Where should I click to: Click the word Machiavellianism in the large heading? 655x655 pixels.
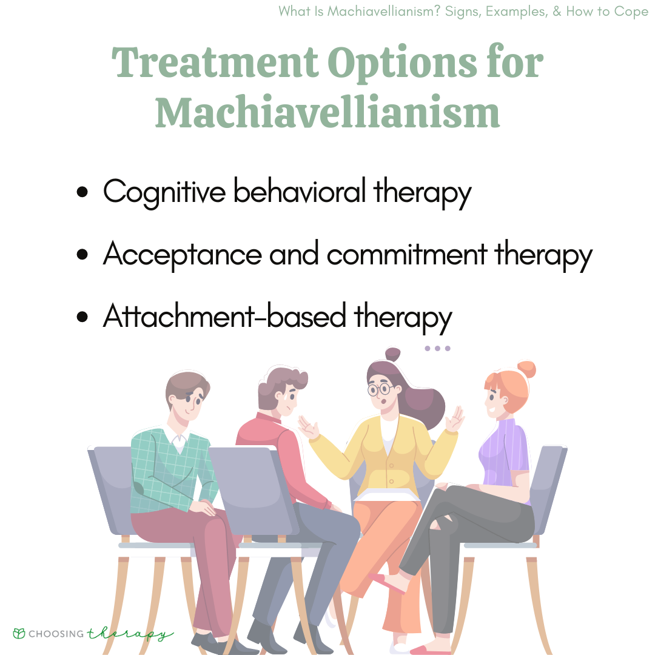point(327,112)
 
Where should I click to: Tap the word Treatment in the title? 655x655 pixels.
point(215,62)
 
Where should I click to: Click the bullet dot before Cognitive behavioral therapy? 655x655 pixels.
point(82,192)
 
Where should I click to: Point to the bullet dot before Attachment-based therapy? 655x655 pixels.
point(82,317)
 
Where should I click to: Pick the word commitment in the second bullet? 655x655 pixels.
point(407,254)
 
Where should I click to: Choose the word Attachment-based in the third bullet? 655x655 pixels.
point(225,315)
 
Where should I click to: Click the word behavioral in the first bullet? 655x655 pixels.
point(300,191)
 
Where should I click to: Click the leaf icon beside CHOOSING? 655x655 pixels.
point(19,633)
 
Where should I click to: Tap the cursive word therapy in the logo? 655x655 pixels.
point(130,634)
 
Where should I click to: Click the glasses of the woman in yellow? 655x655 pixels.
point(379,390)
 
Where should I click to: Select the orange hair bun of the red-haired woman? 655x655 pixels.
point(526,370)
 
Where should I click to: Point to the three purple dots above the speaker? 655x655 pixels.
point(437,348)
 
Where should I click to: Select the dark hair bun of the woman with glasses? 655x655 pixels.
point(392,354)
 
